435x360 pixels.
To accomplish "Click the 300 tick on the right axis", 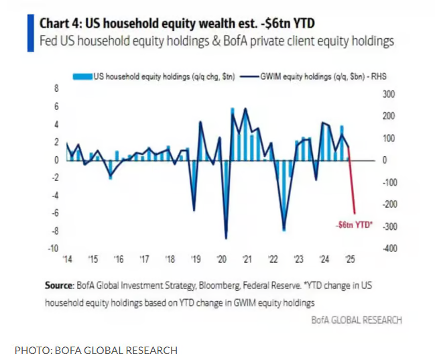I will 389,94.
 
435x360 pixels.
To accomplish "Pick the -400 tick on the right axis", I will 389,249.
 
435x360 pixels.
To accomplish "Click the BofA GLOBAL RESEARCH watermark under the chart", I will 357,320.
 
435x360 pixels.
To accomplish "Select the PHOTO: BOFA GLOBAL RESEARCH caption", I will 97,349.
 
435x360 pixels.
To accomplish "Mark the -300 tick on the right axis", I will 389,227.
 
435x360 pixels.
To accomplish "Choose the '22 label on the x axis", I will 273,259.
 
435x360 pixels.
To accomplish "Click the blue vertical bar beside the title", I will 29,32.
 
